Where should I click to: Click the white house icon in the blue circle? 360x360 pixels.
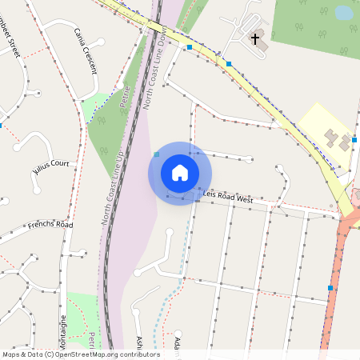180,173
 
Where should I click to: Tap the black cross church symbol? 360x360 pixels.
256,38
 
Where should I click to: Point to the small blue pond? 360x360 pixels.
343,13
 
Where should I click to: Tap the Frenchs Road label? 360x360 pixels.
50,225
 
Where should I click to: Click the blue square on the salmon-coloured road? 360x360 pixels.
330,287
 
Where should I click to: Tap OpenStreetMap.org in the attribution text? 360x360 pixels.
92,354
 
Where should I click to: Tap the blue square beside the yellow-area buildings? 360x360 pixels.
356,137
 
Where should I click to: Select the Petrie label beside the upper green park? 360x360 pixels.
124,98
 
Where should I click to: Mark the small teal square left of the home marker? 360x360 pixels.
157,154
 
